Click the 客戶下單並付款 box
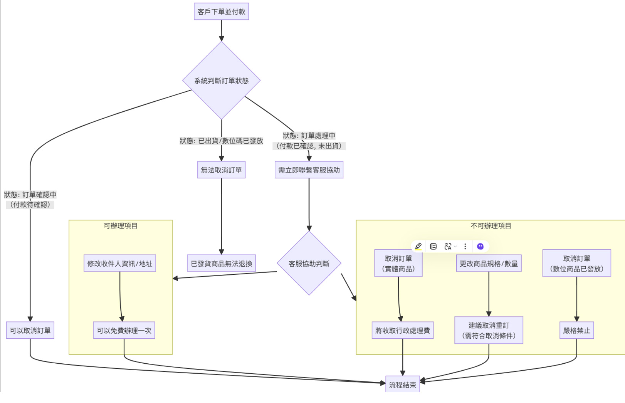pos(221,12)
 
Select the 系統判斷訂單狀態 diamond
pos(221,81)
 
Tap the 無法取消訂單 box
pos(221,170)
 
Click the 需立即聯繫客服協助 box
pos(309,170)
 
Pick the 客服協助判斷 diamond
pos(309,264)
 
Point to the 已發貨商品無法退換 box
pos(221,264)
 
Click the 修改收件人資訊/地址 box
pos(119,264)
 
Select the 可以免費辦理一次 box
pos(124,331)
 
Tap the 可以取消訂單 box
pos(30,331)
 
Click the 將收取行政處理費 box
pos(402,331)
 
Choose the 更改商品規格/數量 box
pos(489,264)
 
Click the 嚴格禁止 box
pos(576,331)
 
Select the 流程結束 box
pos(402,385)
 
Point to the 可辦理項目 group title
pos(121,226)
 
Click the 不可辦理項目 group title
pos(491,226)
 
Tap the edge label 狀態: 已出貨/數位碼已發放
pos(221,141)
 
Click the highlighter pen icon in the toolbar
pos(418,246)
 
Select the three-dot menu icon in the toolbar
pos(465,246)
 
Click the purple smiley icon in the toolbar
pos(480,246)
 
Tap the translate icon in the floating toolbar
pos(448,246)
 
